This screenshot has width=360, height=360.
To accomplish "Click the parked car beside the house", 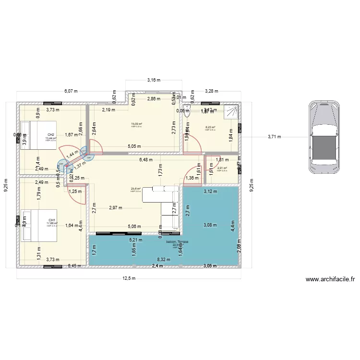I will tap(324, 136).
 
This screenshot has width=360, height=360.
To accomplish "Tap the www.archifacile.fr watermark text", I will tap(330, 279).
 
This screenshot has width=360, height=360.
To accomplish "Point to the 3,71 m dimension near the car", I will tap(274, 137).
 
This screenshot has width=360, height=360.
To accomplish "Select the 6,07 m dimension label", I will tap(71, 91).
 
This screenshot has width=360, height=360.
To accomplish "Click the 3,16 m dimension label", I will tap(154, 80).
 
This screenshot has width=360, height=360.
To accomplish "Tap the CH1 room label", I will tap(50, 220).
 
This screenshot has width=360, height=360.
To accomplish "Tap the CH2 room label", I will tap(50, 135).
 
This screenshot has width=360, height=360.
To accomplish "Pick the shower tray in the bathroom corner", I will tap(231, 111).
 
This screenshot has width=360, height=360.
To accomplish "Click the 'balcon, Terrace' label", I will tap(177, 242).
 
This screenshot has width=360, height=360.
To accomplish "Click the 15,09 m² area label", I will tap(136, 124).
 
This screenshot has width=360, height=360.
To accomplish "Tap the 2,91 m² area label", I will tap(222, 168).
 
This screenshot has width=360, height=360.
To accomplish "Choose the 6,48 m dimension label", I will tap(146, 160).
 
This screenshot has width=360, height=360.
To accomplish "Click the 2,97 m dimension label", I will tap(116, 208).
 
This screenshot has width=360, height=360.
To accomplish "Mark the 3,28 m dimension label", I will tap(212, 91).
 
